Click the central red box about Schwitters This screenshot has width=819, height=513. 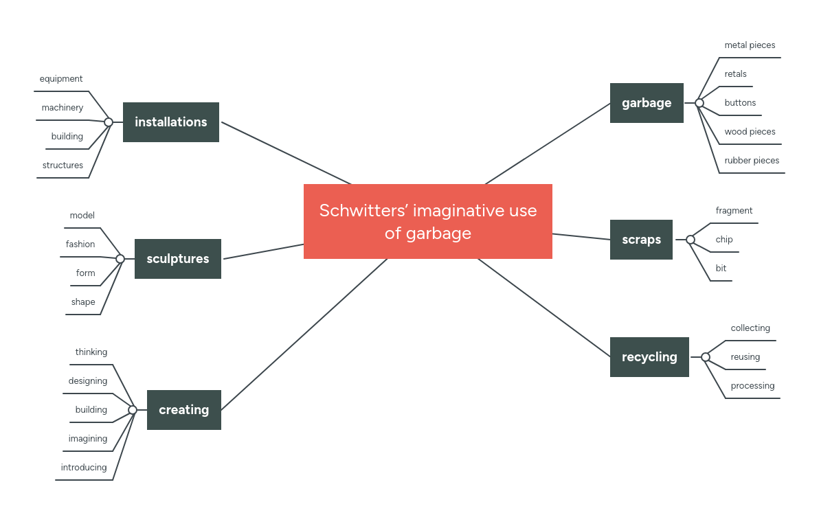427,221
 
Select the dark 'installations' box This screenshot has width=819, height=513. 170,122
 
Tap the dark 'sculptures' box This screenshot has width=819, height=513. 177,259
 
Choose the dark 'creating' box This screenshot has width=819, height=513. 183,410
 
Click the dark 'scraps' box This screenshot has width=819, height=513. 641,240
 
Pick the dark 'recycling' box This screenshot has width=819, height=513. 649,357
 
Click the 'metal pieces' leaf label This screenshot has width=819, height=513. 750,45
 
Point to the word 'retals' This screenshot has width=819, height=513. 735,74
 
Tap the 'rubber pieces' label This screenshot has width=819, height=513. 752,161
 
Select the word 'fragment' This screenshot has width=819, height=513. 734,211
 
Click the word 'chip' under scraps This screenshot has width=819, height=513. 724,240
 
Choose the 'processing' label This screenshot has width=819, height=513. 752,386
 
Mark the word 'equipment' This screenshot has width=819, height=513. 61,79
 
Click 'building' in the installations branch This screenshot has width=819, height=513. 67,137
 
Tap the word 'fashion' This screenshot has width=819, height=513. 80,244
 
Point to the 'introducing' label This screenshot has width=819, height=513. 84,468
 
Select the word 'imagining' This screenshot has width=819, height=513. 88,439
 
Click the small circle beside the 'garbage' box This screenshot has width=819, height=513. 699,103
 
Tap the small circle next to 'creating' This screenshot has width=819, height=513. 133,410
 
